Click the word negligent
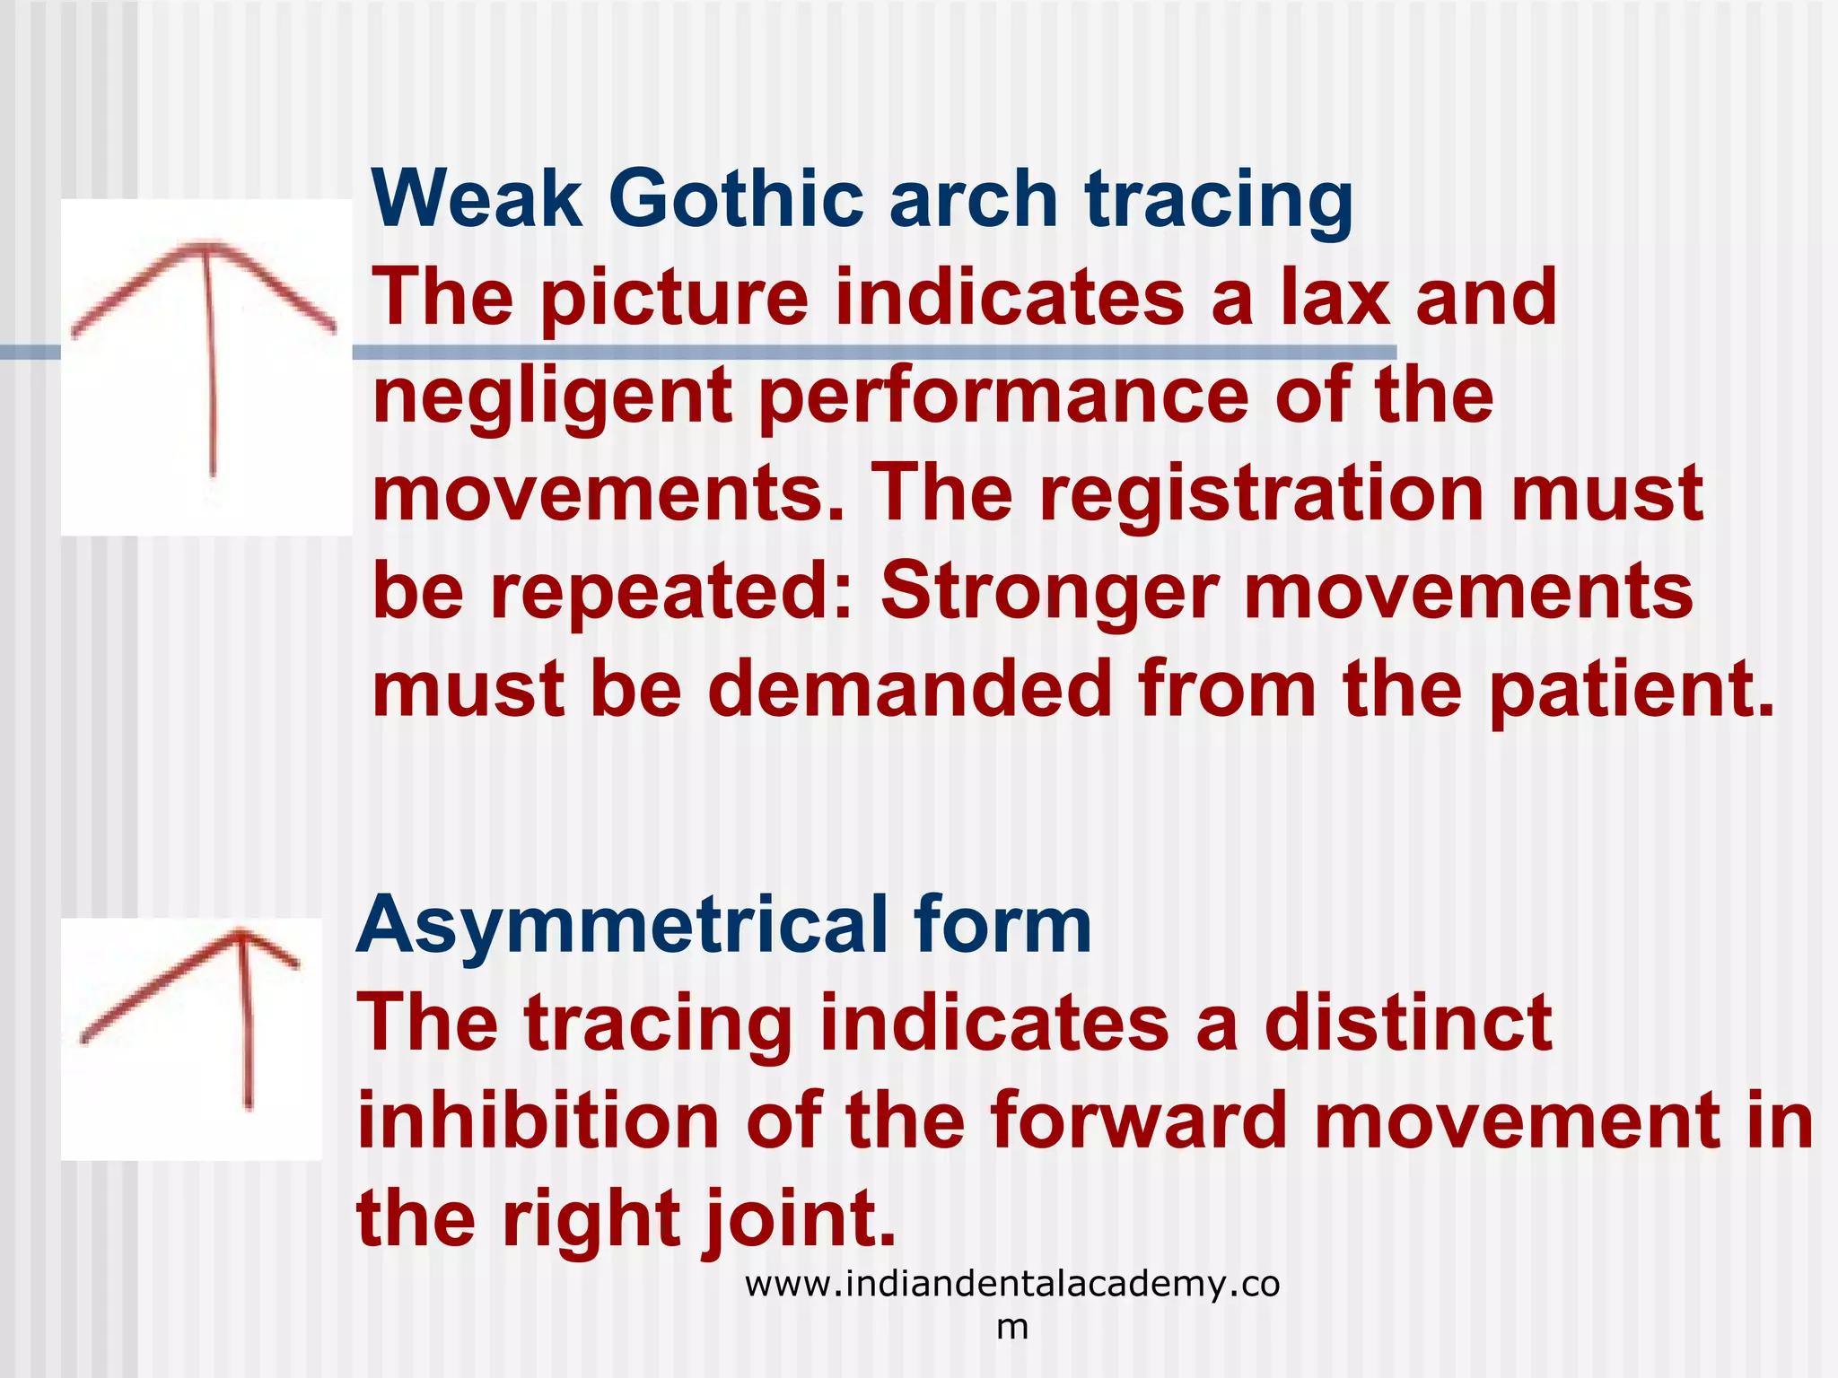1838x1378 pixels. coord(551,397)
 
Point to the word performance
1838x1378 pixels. coord(1003,397)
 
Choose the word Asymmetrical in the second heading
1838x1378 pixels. coord(618,926)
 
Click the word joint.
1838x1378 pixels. coord(801,1220)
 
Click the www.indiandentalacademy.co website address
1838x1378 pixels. coord(1011,1285)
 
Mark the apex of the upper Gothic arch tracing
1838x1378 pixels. coord(207,246)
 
